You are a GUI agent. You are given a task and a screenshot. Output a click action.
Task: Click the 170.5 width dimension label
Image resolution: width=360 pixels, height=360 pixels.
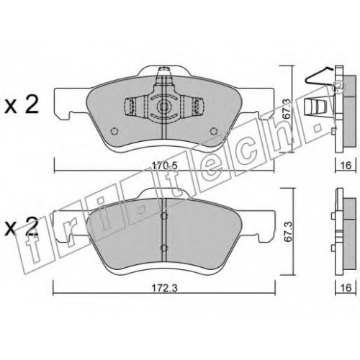[164, 166]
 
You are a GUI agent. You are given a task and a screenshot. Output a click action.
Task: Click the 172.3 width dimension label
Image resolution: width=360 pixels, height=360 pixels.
[164, 288]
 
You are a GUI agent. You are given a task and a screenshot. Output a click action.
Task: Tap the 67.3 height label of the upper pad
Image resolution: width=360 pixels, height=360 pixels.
[286, 109]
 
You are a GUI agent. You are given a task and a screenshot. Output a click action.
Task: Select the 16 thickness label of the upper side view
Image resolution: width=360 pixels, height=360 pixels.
[346, 165]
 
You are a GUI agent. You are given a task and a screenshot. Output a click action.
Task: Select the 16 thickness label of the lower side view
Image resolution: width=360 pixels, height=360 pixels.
[346, 287]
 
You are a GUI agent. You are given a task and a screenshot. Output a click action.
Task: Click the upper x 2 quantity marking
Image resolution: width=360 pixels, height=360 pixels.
[22, 105]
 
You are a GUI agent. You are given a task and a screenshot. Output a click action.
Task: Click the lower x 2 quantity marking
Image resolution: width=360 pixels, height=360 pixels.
[22, 226]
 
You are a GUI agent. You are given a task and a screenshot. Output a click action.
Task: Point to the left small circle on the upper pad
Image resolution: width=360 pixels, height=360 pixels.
[114, 131]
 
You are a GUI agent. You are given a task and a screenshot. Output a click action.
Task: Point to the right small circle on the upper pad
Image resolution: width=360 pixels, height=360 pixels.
[213, 131]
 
